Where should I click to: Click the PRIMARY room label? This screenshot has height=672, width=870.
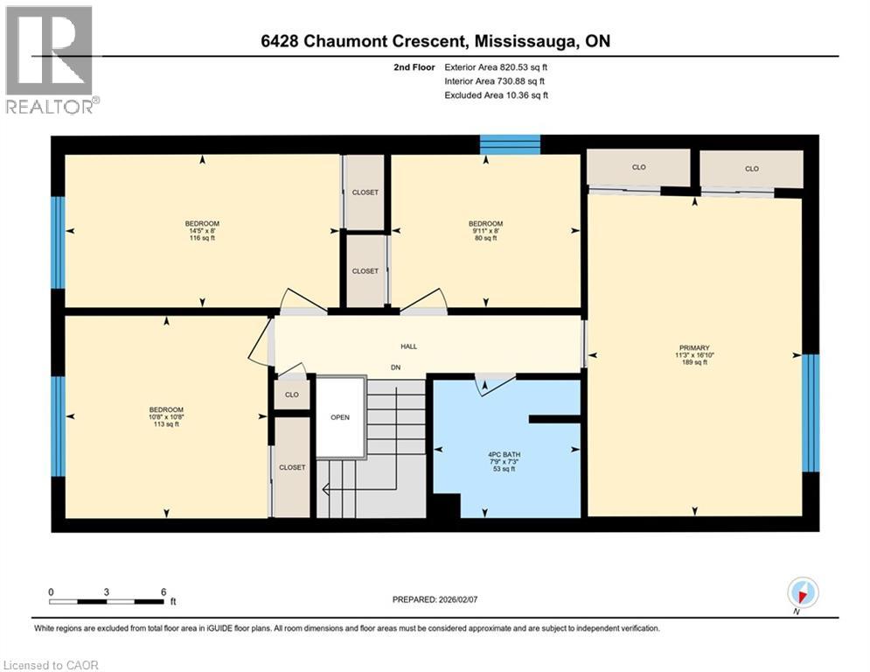point(694,347)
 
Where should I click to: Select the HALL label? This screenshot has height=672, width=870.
point(408,346)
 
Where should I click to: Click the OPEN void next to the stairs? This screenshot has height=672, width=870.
point(339,417)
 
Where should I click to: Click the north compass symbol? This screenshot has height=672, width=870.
point(803,593)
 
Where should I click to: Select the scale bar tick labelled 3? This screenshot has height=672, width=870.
point(107,592)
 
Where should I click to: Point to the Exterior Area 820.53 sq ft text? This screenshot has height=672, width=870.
point(497,66)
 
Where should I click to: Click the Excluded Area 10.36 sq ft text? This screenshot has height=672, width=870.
point(497,94)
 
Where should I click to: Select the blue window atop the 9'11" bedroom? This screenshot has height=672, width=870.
point(510,144)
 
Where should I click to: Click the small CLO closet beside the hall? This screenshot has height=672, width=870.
point(291,394)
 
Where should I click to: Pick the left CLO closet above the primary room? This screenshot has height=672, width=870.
point(638,168)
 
